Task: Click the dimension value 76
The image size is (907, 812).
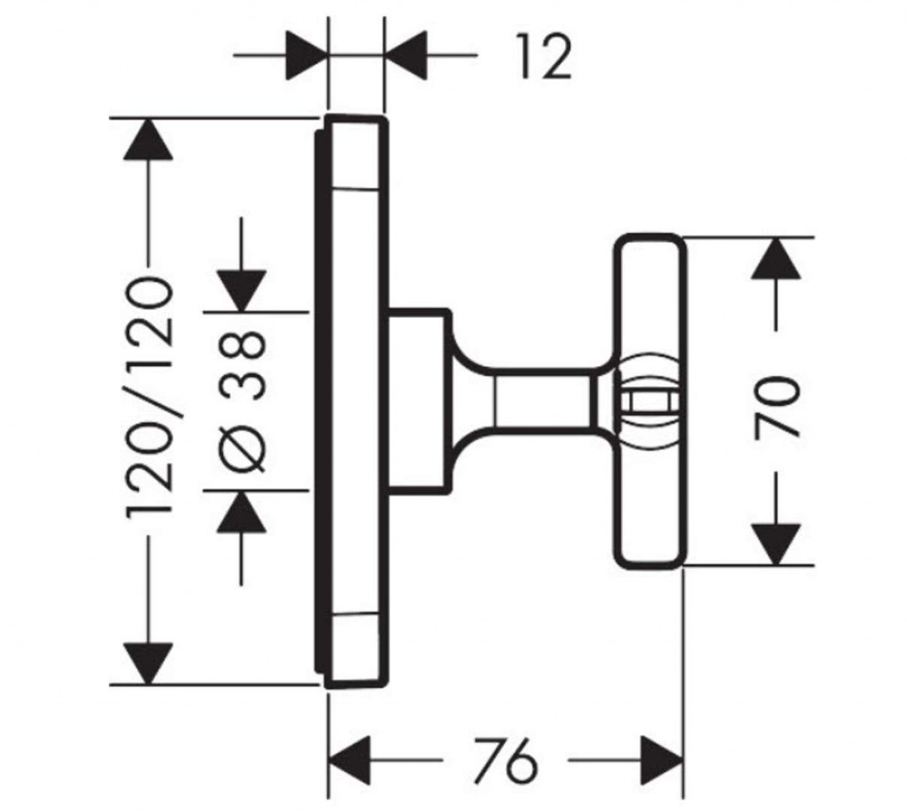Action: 506,761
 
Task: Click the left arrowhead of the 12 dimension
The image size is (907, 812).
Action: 306,59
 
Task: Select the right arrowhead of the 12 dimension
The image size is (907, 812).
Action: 407,59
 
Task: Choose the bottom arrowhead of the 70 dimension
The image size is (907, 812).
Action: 776,543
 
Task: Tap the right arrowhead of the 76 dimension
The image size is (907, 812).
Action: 661,760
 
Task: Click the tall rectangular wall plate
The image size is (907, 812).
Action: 354,399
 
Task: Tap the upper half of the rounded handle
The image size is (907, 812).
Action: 651,293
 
